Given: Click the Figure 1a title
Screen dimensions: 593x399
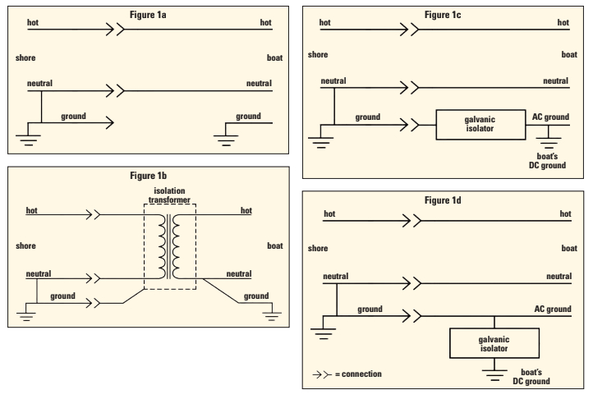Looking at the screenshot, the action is coord(148,15).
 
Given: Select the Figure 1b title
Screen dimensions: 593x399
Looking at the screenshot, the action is coord(148,176).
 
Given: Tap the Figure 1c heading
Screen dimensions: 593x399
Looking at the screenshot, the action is coord(443,15).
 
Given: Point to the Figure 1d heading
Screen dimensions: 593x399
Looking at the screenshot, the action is coord(443,200).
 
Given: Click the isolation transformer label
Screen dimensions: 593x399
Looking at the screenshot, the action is coord(169,195).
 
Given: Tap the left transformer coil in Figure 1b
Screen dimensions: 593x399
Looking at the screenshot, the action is coord(163,246).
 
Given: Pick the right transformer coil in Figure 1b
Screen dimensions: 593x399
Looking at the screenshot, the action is coord(176,246).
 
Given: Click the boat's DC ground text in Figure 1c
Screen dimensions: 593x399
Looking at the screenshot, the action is coord(547,161).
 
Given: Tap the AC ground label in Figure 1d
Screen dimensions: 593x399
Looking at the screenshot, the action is coord(553,309).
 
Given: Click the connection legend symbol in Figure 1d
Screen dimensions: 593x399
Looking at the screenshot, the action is coord(322,374).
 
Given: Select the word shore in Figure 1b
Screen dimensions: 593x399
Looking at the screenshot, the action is coord(25,245).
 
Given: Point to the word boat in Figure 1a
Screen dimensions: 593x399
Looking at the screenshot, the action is coord(274,57).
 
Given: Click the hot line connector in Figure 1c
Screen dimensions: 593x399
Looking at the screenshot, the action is coord(410,30).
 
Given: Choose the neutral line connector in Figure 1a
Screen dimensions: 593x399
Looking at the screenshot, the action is coord(115,91).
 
